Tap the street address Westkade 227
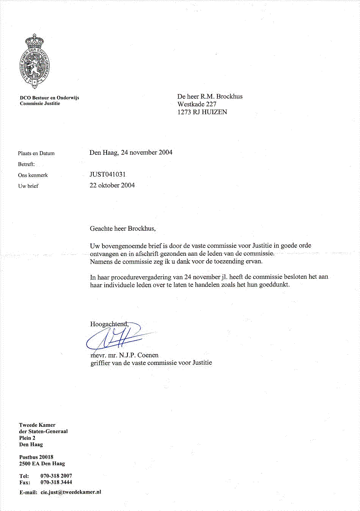pyautogui.click(x=197, y=104)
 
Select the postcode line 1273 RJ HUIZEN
pyautogui.click(x=202, y=112)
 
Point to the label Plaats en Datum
pyautogui.click(x=36, y=153)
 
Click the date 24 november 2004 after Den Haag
pyautogui.click(x=146, y=153)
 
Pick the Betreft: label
pyautogui.click(x=26, y=164)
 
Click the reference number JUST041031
pyautogui.click(x=107, y=175)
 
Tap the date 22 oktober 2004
pyautogui.click(x=112, y=186)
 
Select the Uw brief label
pyautogui.click(x=28, y=186)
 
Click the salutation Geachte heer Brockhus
pyautogui.click(x=123, y=228)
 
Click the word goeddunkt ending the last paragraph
pyautogui.click(x=274, y=285)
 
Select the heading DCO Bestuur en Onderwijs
pyautogui.click(x=49, y=97)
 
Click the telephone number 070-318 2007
pyautogui.click(x=56, y=476)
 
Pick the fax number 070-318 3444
pyautogui.click(x=56, y=482)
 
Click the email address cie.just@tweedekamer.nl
pyautogui.click(x=71, y=492)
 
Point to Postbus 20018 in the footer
pyautogui.click(x=36, y=457)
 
